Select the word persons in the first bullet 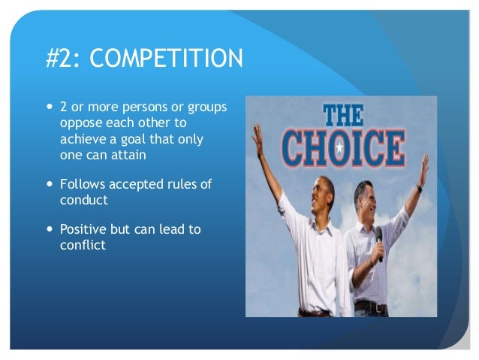coord(131,107)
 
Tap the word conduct coord(84,201)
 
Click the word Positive coord(86,229)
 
